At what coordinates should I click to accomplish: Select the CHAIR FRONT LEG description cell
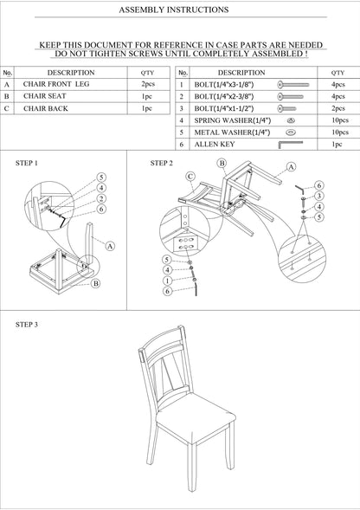(56, 85)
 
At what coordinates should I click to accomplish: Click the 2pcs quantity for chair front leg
(146, 85)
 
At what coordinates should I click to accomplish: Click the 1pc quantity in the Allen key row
(337, 145)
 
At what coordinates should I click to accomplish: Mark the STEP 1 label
(28, 163)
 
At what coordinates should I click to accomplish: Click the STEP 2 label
(162, 163)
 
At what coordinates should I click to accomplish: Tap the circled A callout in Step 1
(110, 246)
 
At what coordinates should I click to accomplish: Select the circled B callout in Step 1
(95, 283)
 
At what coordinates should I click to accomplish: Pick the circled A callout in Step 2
(291, 166)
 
